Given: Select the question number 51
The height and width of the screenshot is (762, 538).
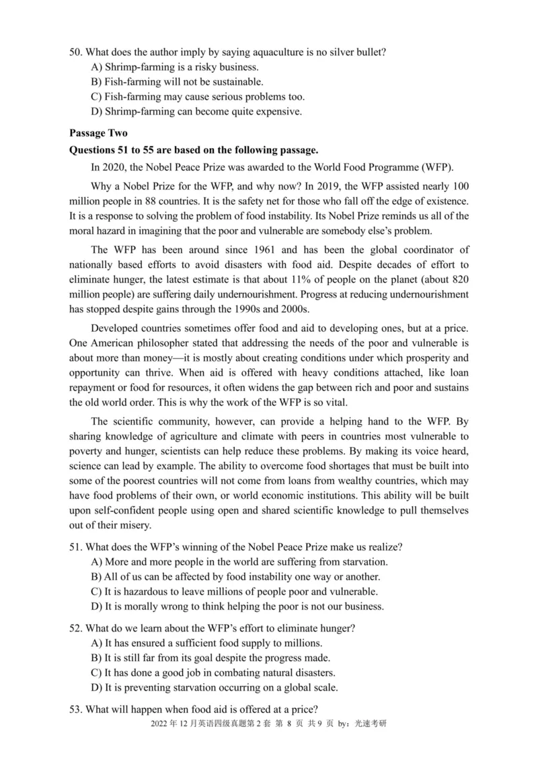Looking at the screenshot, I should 75,547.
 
